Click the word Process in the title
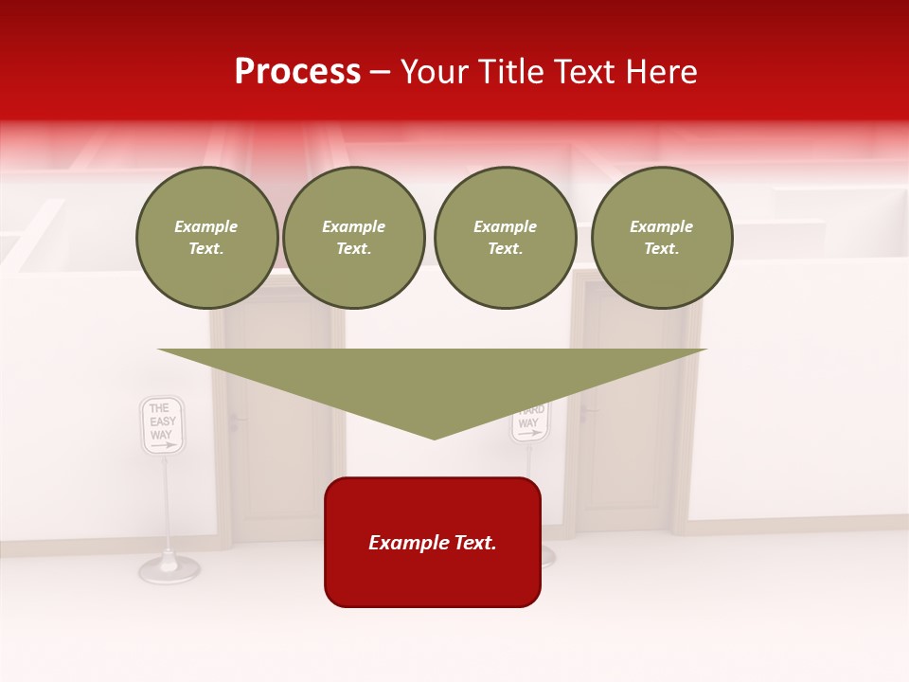pos(297,72)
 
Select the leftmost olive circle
pos(207,238)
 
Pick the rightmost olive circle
pos(662,238)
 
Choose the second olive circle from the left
pos(354,238)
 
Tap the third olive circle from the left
pos(506,238)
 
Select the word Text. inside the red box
pos(472,543)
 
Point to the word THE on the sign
pos(159,408)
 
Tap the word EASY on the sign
pos(163,422)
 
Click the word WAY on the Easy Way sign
pos(161,434)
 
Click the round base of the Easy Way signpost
pos(169,568)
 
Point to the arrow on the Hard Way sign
pos(531,433)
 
